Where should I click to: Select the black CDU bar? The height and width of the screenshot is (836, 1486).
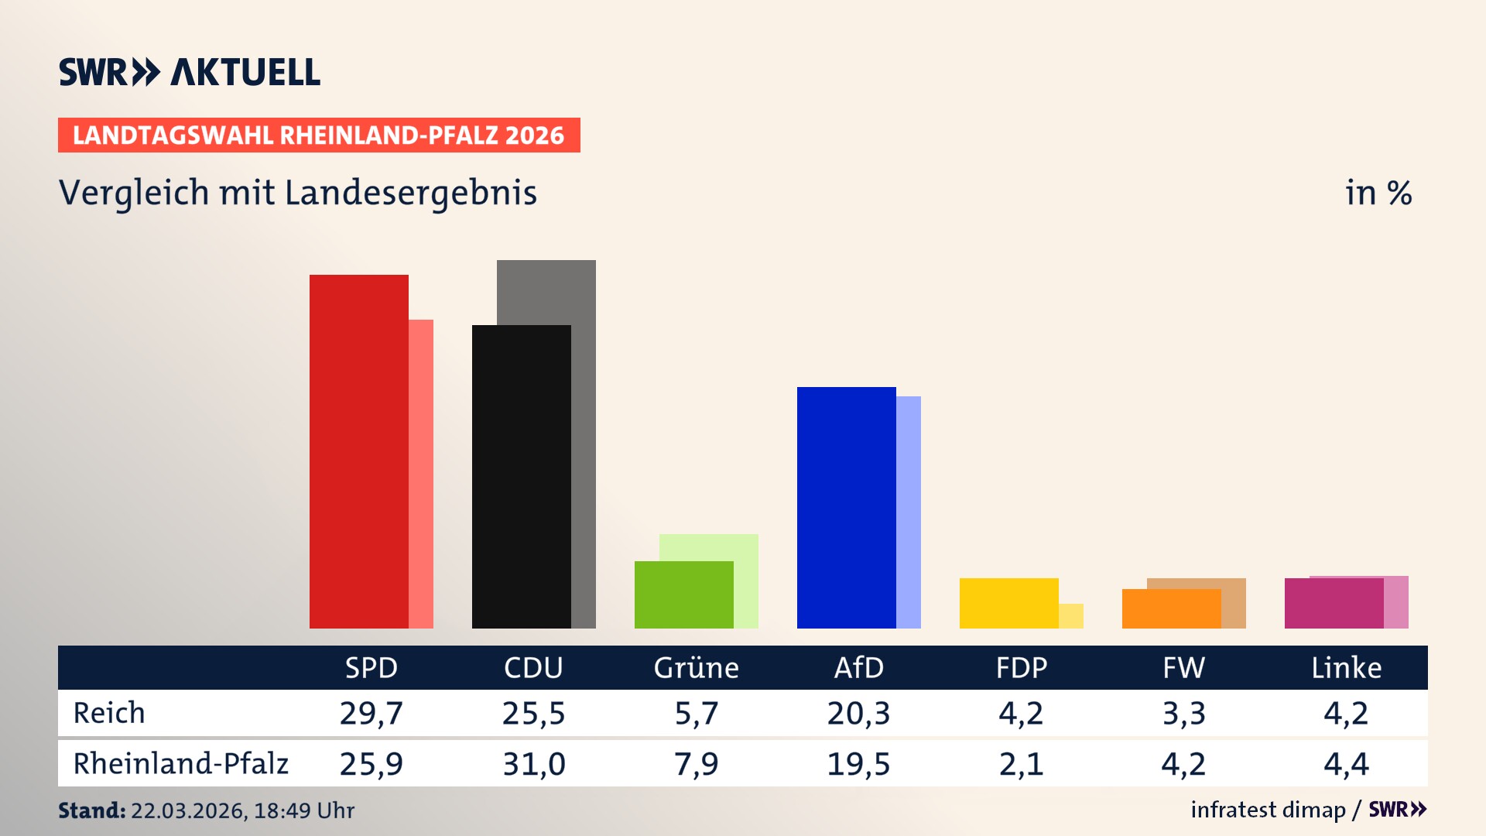pyautogui.click(x=521, y=476)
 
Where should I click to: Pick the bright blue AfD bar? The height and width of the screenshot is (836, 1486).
pyautogui.click(x=846, y=507)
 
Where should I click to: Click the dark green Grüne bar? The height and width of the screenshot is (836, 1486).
pyautogui.click(x=683, y=594)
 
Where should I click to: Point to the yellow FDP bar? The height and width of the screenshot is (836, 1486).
pyautogui.click(x=1008, y=603)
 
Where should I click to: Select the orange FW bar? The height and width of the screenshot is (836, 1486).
pyautogui.click(x=1171, y=608)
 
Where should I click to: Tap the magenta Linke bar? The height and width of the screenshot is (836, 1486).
pyautogui.click(x=1334, y=603)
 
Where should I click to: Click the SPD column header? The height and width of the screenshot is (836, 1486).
pyautogui.click(x=371, y=667)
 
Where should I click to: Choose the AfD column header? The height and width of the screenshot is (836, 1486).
pyautogui.click(x=858, y=667)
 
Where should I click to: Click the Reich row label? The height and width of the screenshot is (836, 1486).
pyautogui.click(x=109, y=713)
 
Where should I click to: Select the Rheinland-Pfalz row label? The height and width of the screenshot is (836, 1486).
pyautogui.click(x=180, y=763)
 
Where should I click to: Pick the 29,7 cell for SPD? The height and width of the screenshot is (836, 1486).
pyautogui.click(x=371, y=713)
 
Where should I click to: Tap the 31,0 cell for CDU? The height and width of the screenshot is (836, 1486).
pyautogui.click(x=533, y=764)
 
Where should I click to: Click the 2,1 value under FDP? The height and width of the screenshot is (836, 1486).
pyautogui.click(x=1021, y=764)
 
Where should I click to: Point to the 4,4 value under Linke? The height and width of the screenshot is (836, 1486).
pyautogui.click(x=1346, y=764)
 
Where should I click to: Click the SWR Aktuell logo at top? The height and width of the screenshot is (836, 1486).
pyautogui.click(x=190, y=72)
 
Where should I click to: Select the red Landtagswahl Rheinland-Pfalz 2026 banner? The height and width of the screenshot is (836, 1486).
pyautogui.click(x=319, y=135)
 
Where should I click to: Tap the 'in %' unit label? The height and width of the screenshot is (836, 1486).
pyautogui.click(x=1378, y=193)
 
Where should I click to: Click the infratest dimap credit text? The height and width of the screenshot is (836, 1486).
pyautogui.click(x=1268, y=810)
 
